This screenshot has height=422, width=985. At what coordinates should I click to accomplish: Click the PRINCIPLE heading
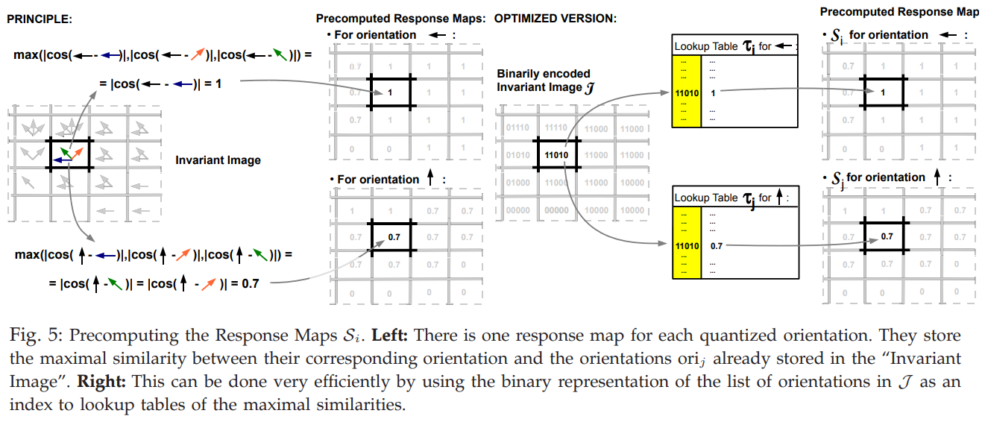pyautogui.click(x=39, y=19)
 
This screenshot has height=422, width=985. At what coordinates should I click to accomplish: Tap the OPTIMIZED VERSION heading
pyautogui.click(x=555, y=18)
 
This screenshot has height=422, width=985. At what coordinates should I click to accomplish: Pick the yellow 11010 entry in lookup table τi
pyautogui.click(x=687, y=93)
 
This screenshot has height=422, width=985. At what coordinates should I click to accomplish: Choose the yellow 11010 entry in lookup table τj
pyautogui.click(x=687, y=245)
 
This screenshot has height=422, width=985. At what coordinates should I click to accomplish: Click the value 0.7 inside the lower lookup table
pyautogui.click(x=717, y=245)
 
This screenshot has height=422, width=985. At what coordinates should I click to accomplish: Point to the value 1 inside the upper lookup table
pyautogui.click(x=713, y=93)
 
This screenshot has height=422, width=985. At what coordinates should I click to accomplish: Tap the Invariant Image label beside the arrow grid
pyautogui.click(x=218, y=160)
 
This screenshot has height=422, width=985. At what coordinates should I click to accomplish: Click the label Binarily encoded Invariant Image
pyautogui.click(x=544, y=81)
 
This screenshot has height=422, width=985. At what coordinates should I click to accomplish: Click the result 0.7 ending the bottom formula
pyautogui.click(x=251, y=284)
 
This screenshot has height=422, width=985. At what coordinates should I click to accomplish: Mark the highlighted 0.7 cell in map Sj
pyautogui.click(x=887, y=236)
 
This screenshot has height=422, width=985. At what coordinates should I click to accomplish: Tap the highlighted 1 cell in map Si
pyautogui.click(x=883, y=92)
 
